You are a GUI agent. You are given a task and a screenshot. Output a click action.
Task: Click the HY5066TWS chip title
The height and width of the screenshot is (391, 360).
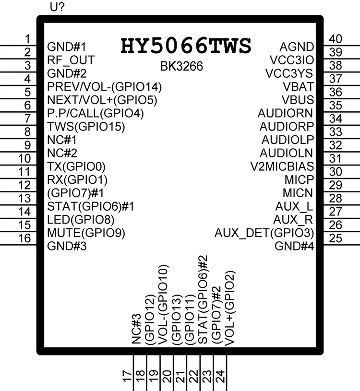tap(186, 46)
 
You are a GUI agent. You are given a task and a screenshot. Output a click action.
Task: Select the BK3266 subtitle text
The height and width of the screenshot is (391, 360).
tap(181, 67)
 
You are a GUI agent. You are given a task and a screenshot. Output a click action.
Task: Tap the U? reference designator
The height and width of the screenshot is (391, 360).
tap(57, 7)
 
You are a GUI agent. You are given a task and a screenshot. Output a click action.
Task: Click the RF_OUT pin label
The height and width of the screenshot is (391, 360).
tap(71, 60)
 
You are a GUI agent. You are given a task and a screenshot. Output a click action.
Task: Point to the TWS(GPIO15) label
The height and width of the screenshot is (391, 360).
tap(86, 127)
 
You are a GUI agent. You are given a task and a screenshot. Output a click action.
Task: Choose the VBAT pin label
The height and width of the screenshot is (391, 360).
tap(298, 87)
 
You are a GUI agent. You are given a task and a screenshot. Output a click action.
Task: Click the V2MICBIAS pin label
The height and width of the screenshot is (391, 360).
tap(282, 166)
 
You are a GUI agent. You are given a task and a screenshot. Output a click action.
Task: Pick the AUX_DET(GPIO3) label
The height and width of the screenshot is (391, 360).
tap(264, 233)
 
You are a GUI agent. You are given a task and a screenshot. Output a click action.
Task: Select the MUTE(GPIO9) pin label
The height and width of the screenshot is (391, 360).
tap(86, 233)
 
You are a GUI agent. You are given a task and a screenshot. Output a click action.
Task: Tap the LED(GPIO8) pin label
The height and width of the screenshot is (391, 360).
tap(81, 220)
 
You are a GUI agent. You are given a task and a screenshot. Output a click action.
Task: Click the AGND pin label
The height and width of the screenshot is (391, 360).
tap(297, 47)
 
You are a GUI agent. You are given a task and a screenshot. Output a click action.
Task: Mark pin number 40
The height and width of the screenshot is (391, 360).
tap(336, 39)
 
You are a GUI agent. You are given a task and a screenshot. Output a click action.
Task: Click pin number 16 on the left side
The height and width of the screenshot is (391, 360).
tap(24, 238)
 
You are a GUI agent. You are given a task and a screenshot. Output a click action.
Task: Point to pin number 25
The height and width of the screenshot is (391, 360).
tap(336, 238)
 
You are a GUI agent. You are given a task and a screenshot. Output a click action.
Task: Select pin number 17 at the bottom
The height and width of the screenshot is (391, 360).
tap(127, 376)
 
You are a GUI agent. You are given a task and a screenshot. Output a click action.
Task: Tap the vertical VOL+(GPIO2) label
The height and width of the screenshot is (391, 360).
tap(230, 308)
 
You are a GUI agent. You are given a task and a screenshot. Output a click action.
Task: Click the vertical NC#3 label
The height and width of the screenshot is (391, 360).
tap(136, 329)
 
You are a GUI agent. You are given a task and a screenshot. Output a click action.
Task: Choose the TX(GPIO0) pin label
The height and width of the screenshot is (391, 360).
tap(76, 166)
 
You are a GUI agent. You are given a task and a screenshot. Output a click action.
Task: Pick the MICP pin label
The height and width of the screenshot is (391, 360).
tap(299, 180)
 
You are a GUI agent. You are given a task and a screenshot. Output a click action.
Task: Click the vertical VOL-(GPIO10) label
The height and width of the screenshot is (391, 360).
tap(164, 305)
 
